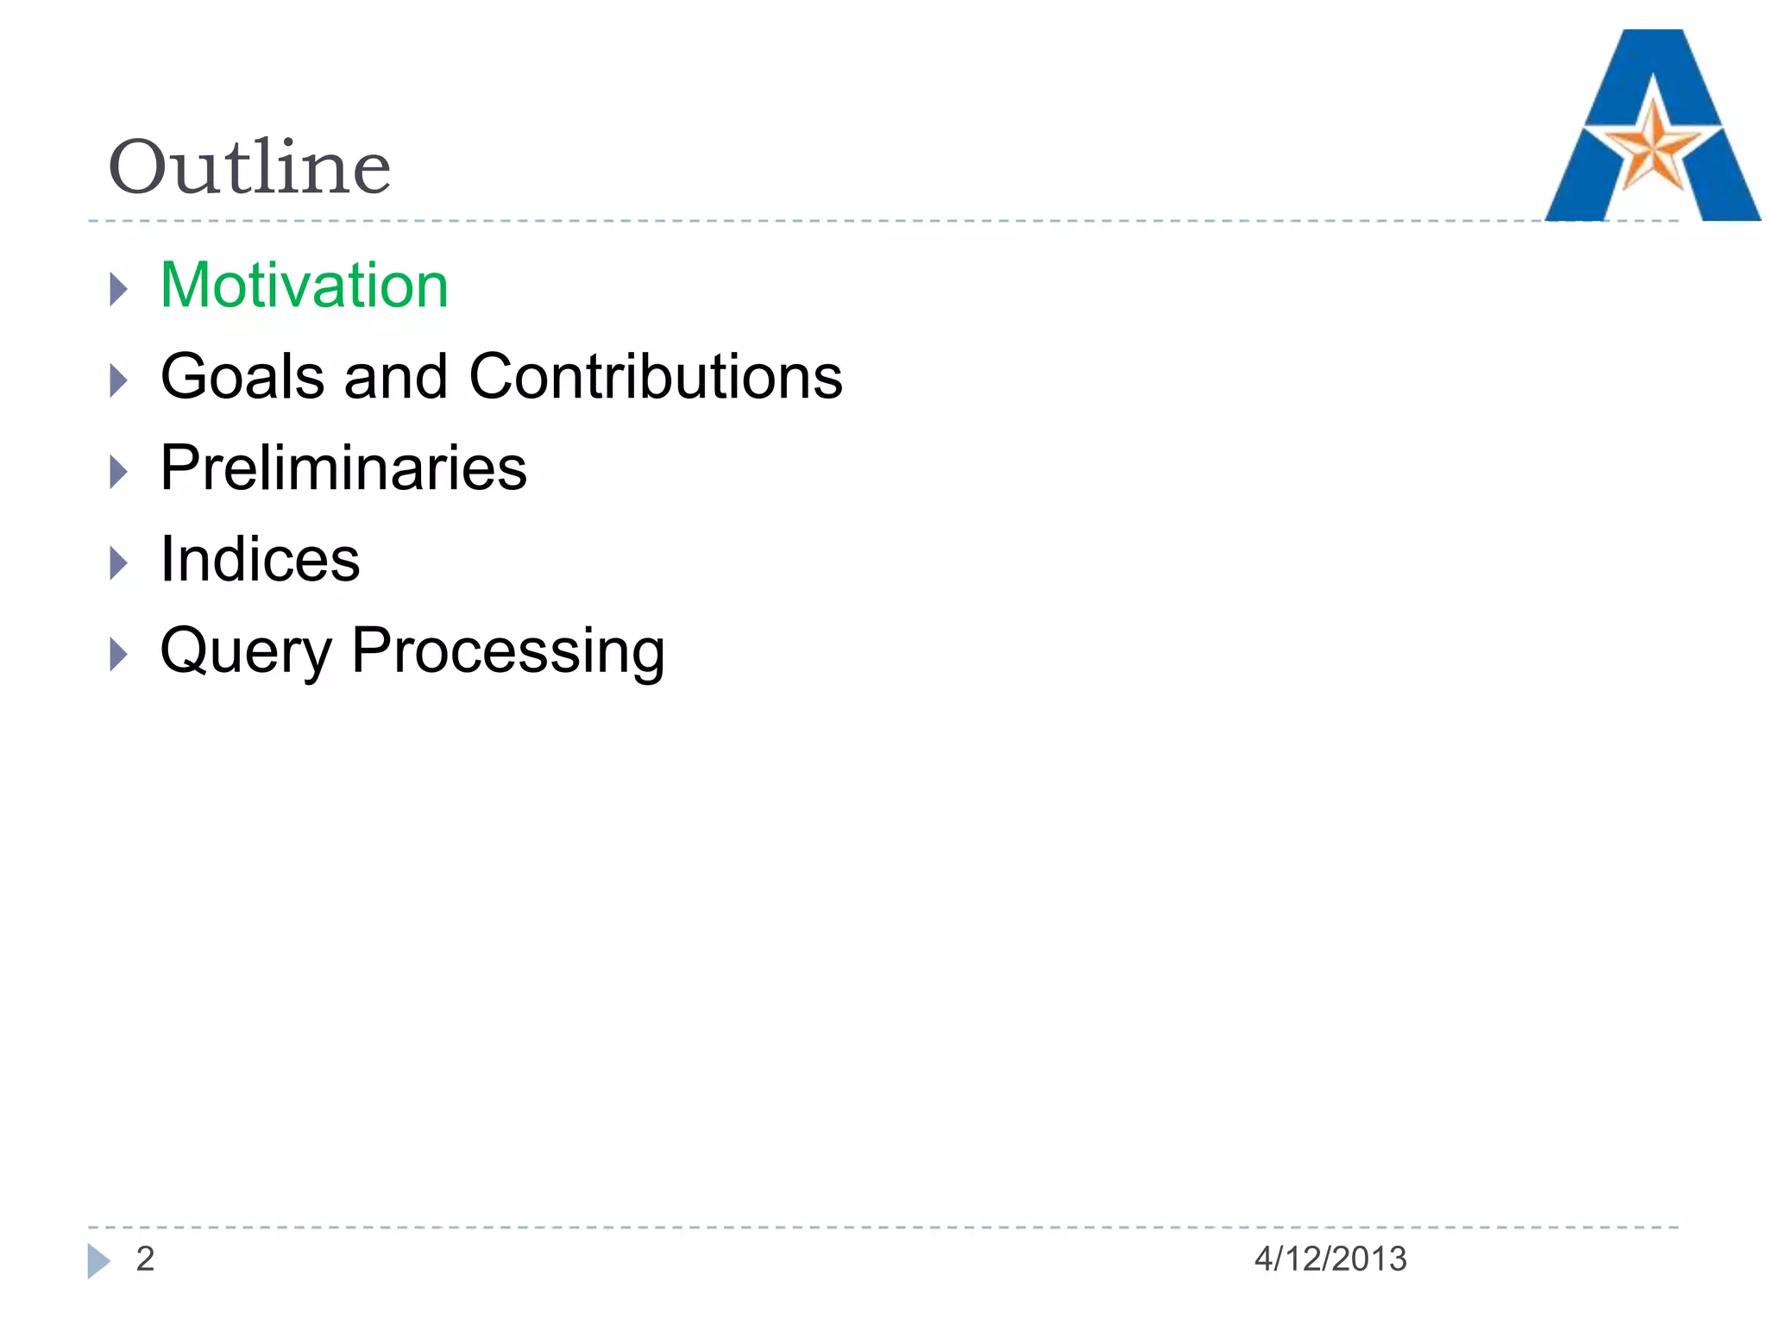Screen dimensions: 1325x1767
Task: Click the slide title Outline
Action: click(x=249, y=167)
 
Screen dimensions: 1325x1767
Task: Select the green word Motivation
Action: click(x=304, y=286)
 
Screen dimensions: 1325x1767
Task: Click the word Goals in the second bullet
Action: click(x=242, y=378)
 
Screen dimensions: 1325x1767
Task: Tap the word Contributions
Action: click(x=656, y=378)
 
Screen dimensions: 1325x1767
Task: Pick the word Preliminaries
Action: click(x=343, y=468)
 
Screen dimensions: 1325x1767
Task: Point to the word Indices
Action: click(x=260, y=560)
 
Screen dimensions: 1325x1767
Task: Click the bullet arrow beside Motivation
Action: click(x=119, y=289)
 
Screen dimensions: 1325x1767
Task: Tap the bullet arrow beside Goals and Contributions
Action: click(x=119, y=380)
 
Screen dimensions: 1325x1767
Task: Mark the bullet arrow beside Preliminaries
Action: click(x=119, y=472)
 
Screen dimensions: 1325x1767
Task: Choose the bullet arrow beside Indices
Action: click(x=119, y=563)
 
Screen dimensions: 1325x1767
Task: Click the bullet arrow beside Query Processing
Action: click(x=119, y=655)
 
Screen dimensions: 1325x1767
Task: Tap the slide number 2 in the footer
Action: click(x=145, y=1259)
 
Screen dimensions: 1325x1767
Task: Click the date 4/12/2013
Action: click(x=1330, y=1259)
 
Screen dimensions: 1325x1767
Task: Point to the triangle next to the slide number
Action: click(x=97, y=1261)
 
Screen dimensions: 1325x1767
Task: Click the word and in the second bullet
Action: click(x=396, y=378)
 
